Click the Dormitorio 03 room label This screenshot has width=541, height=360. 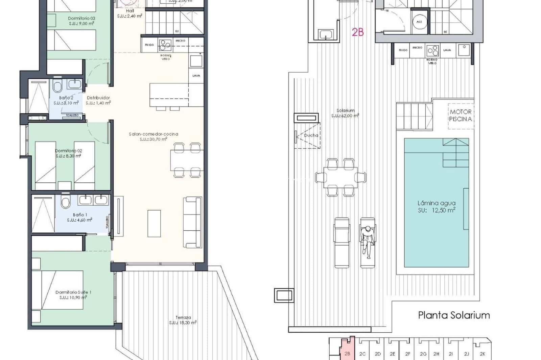click(81, 21)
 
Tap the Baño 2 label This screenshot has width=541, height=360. click(66, 100)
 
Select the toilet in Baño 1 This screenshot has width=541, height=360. click(66, 203)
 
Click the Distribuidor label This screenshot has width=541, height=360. click(98, 100)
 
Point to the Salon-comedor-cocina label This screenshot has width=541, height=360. click(154, 136)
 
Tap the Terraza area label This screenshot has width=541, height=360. click(183, 320)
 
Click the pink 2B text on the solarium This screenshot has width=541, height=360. click(358, 32)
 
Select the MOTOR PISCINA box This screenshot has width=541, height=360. click(461, 115)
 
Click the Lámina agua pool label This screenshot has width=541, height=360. click(436, 207)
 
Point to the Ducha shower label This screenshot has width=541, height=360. click(311, 135)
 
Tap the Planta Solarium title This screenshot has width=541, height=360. click(454, 315)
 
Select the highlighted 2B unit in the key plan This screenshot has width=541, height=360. click(347, 351)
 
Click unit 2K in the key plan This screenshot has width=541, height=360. click(483, 354)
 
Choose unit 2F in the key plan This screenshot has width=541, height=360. click(407, 354)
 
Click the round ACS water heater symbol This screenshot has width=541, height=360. click(419, 22)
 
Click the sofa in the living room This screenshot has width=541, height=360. click(192, 222)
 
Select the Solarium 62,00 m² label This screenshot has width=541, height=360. click(345, 113)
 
